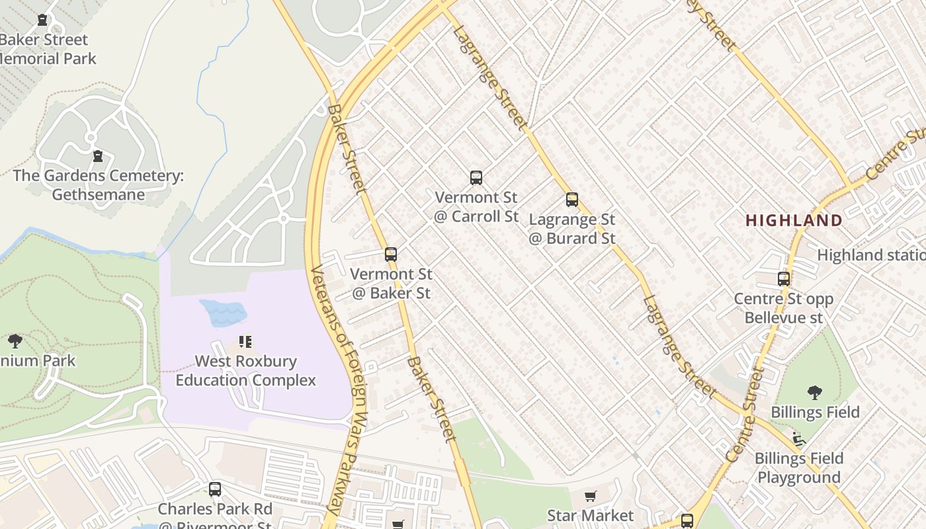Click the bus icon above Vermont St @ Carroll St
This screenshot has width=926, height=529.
(476, 177)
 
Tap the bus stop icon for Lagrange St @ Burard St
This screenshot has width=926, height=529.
(572, 200)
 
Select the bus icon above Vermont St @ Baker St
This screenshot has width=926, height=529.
(391, 254)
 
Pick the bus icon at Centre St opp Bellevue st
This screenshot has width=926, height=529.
(784, 278)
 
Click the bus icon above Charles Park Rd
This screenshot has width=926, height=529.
(215, 489)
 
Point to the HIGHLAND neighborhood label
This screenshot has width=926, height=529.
(794, 220)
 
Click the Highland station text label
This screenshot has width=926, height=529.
(871, 255)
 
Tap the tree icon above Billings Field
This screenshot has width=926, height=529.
(815, 392)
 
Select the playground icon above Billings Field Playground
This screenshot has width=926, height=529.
(799, 438)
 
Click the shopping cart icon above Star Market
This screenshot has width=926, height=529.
(591, 496)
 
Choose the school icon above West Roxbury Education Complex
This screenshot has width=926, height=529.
(245, 342)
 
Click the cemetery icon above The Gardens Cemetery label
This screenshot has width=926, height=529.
(98, 156)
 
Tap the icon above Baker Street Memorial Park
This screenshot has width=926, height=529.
(42, 20)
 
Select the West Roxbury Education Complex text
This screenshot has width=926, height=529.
(245, 371)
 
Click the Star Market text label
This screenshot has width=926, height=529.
(590, 515)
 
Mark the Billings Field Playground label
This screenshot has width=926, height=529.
(799, 468)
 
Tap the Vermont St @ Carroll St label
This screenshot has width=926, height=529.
(476, 206)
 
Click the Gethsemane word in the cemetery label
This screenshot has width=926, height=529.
(98, 194)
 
